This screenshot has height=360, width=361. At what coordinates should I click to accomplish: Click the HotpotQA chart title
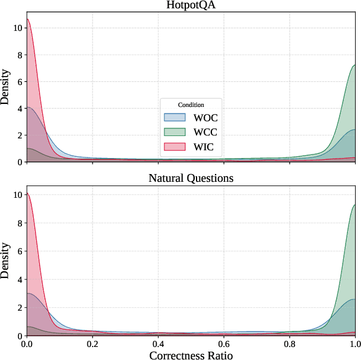click(x=190, y=5)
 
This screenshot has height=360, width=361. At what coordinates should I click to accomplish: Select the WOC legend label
click(x=206, y=118)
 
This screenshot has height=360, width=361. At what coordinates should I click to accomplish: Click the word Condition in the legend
click(x=190, y=105)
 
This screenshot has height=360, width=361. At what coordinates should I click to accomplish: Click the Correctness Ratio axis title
click(x=190, y=355)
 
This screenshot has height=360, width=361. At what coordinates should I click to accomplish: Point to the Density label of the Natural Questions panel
click(x=5, y=261)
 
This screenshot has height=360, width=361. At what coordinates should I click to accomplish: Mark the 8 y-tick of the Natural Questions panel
click(x=20, y=223)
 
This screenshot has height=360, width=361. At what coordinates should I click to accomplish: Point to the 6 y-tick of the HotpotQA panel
click(x=20, y=81)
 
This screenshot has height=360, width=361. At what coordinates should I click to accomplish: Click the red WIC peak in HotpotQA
click(x=27, y=20)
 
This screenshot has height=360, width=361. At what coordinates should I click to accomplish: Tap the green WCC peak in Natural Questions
click(x=354, y=206)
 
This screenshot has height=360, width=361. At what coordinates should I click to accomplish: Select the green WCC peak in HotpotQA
click(x=354, y=65)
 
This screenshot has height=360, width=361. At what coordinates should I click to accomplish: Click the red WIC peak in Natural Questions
click(x=27, y=193)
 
